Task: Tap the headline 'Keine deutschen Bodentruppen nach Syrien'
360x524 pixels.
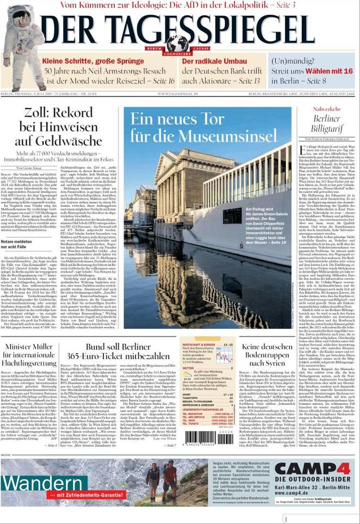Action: click(268, 354)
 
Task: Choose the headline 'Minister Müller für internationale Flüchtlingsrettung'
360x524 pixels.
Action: click(30, 355)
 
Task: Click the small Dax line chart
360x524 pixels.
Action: click(224, 356)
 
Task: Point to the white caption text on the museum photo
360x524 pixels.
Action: click(266, 225)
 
